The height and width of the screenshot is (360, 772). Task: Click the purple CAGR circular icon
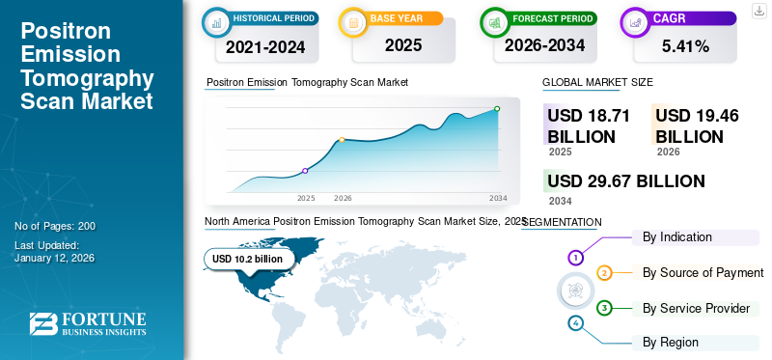point(636,22)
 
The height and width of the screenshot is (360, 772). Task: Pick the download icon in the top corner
point(758,10)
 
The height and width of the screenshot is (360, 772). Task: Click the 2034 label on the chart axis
point(498,198)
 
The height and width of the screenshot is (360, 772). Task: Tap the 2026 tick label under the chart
point(343,198)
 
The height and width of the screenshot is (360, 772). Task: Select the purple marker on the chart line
point(305,171)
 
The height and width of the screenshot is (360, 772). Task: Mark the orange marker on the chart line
point(342,140)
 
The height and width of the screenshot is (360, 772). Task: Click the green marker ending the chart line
point(497,109)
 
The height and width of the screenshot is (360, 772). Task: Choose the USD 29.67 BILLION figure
point(625,180)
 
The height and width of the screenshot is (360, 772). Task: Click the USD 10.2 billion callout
point(247,259)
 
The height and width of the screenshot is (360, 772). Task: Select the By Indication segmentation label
point(677,236)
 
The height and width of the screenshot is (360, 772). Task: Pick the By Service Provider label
point(696,308)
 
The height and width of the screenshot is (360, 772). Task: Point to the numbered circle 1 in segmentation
point(575,258)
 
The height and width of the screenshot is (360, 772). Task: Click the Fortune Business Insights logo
point(88,324)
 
